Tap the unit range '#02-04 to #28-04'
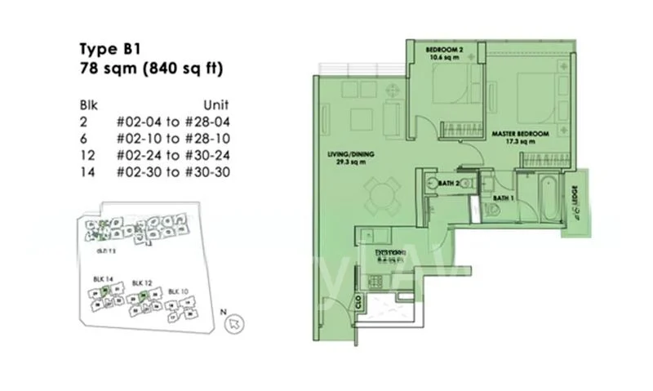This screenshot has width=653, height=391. (172, 121)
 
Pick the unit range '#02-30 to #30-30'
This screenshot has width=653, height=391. (172, 170)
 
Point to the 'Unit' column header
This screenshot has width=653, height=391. (215, 105)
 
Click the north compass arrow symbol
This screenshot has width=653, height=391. (236, 324)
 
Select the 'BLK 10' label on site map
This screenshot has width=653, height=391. (178, 291)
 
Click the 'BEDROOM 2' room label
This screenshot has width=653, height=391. (445, 51)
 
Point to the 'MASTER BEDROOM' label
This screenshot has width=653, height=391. (519, 132)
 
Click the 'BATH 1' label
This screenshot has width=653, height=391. (502, 198)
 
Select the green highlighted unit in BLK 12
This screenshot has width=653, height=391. (142, 295)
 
